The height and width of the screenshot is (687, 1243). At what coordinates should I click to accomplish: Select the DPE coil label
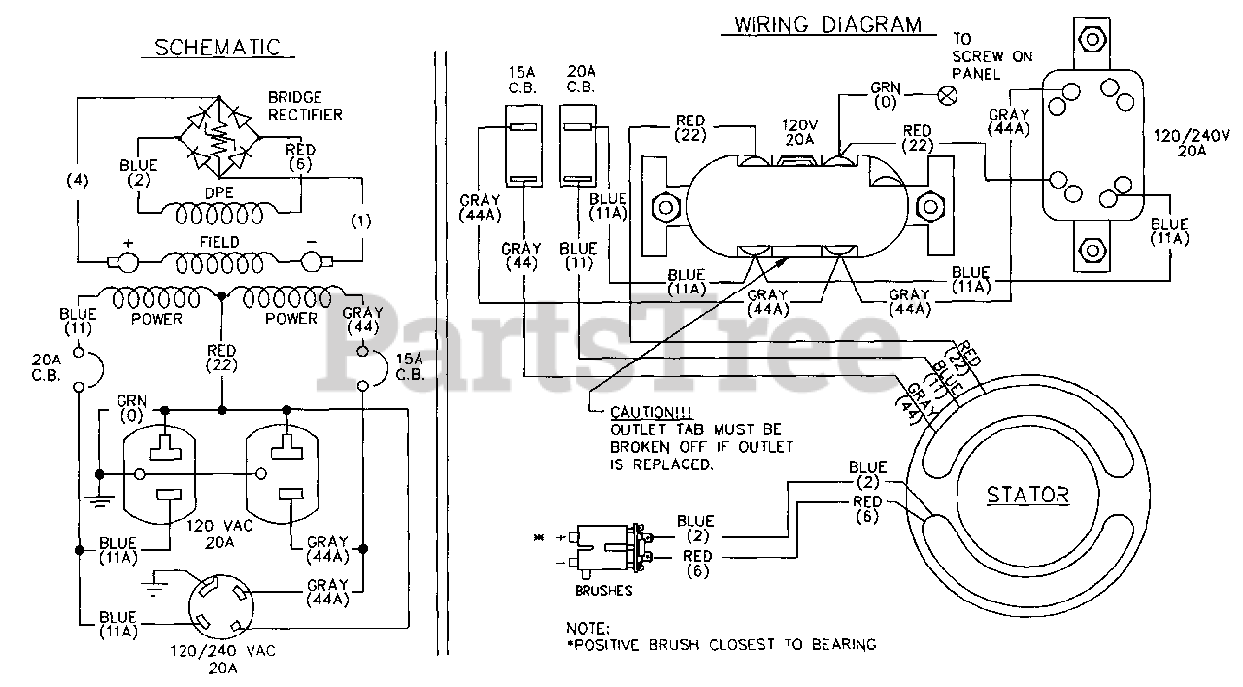pyautogui.click(x=219, y=193)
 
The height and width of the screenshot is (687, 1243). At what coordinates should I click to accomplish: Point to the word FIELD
pyautogui.click(x=219, y=241)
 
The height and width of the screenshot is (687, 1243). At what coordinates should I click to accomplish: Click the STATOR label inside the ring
pyautogui.click(x=1027, y=495)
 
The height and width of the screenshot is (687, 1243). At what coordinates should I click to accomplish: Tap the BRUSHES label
pyautogui.click(x=604, y=590)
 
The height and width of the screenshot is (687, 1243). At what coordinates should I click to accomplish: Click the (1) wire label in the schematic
pyautogui.click(x=360, y=221)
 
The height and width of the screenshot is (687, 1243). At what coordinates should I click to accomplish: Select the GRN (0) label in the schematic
pyautogui.click(x=130, y=407)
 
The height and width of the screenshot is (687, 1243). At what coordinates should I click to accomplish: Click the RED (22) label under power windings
pyautogui.click(x=222, y=357)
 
